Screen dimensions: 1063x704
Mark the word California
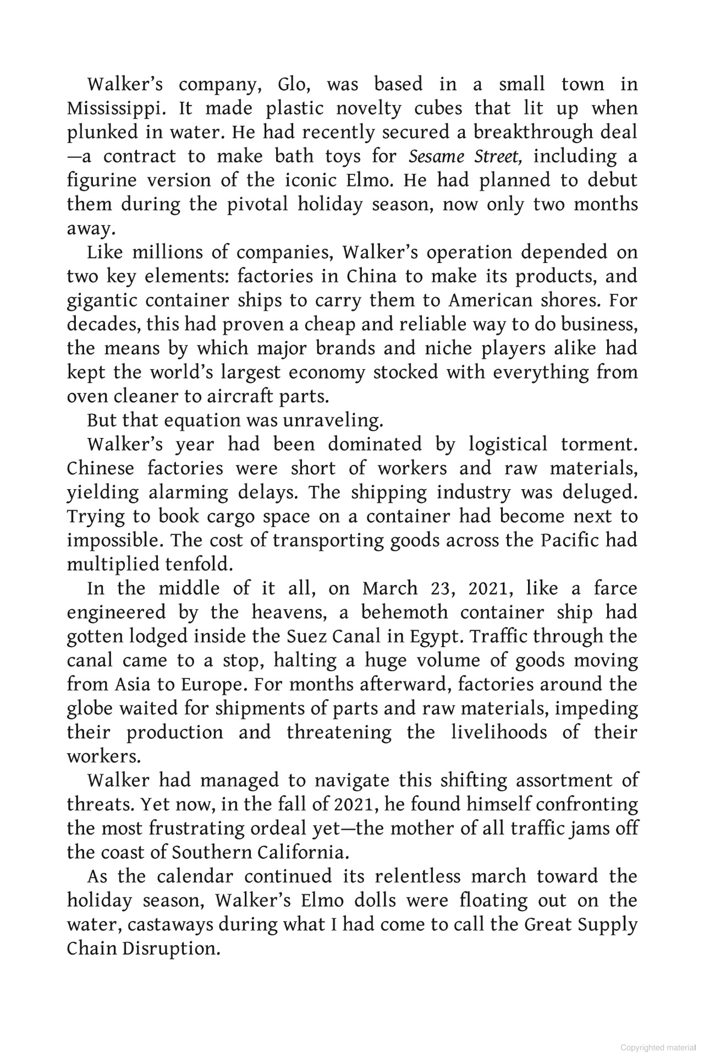coord(302,852)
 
